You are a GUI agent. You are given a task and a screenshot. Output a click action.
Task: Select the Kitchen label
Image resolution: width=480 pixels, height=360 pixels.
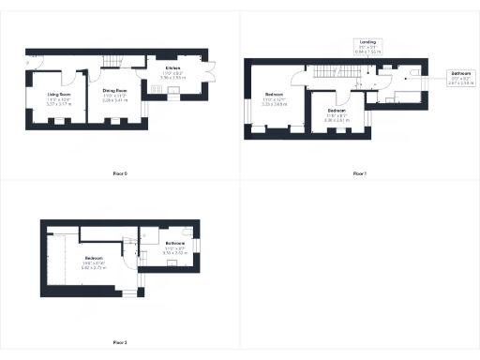coord(172,68)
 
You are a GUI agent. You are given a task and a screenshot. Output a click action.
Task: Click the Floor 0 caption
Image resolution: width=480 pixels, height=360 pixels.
coord(119,173)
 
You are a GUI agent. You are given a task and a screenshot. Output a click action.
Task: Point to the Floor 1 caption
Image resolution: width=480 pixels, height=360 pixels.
coord(360,173)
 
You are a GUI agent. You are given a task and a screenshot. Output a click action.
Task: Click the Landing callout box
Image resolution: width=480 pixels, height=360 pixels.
coord(365,46)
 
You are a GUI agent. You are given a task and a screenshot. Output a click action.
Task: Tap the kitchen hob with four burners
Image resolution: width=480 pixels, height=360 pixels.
coord(156,89)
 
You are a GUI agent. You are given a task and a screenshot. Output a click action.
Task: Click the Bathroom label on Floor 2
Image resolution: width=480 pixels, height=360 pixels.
coord(174,244)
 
